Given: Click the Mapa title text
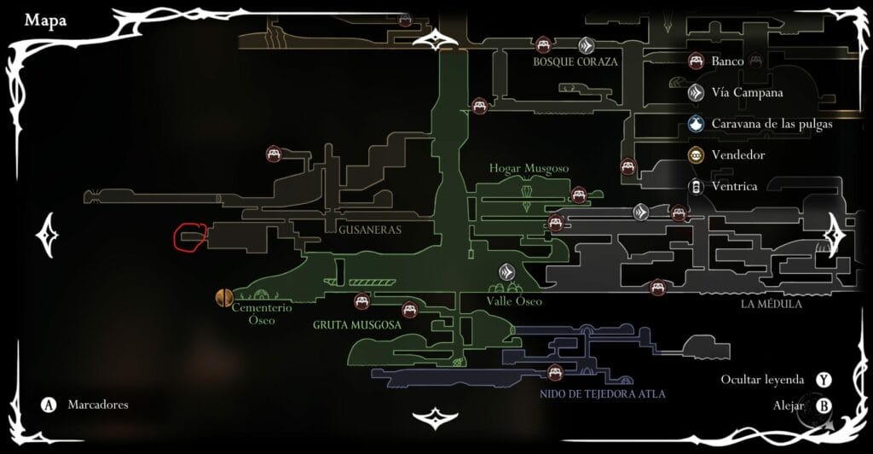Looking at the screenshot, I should point(46,20).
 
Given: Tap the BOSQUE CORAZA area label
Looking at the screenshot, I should point(575,62).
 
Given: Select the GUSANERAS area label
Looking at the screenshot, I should point(369,230).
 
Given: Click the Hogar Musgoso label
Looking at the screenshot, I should point(529,169).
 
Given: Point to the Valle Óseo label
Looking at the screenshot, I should point(514,301).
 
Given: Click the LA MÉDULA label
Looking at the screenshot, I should point(772,303).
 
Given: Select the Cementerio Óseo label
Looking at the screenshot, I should point(262,313).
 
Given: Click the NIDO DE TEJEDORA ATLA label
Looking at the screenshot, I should point(602,394).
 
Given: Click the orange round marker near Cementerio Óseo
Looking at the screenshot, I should point(224,297).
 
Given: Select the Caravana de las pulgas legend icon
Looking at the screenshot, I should point(697,125).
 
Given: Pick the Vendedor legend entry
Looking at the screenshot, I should point(737,155).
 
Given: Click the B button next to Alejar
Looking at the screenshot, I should point(824,406).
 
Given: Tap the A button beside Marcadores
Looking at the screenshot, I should point(49,405).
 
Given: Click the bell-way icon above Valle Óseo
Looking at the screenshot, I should point(508,272).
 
